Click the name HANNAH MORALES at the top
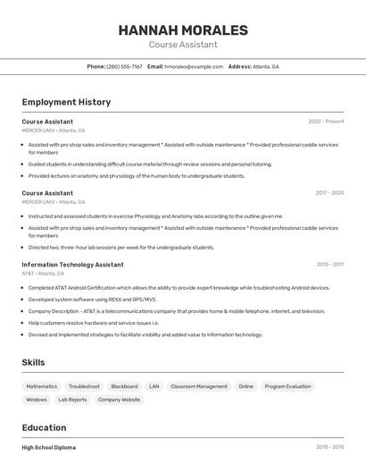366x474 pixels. tap(183, 30)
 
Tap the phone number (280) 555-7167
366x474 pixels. tap(124, 66)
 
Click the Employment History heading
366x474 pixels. tap(66, 102)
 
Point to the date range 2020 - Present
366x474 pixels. tap(326, 122)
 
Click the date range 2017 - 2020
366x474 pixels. tap(329, 193)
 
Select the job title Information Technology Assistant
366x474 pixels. tap(72, 265)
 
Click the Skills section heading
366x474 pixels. tap(34, 362)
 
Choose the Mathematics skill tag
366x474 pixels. tap(41, 386)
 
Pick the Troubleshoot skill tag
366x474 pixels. tap(84, 386)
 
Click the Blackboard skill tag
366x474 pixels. tap(124, 386)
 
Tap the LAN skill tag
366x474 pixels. tap(154, 386)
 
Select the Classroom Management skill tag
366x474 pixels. tap(199, 386)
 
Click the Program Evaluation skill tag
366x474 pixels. tap(287, 386)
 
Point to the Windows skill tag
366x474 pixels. tap(37, 400)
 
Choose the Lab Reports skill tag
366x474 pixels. tap(72, 400)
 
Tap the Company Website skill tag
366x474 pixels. tap(119, 400)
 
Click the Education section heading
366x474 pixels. tap(45, 428)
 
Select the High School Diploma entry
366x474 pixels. tap(49, 447)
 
